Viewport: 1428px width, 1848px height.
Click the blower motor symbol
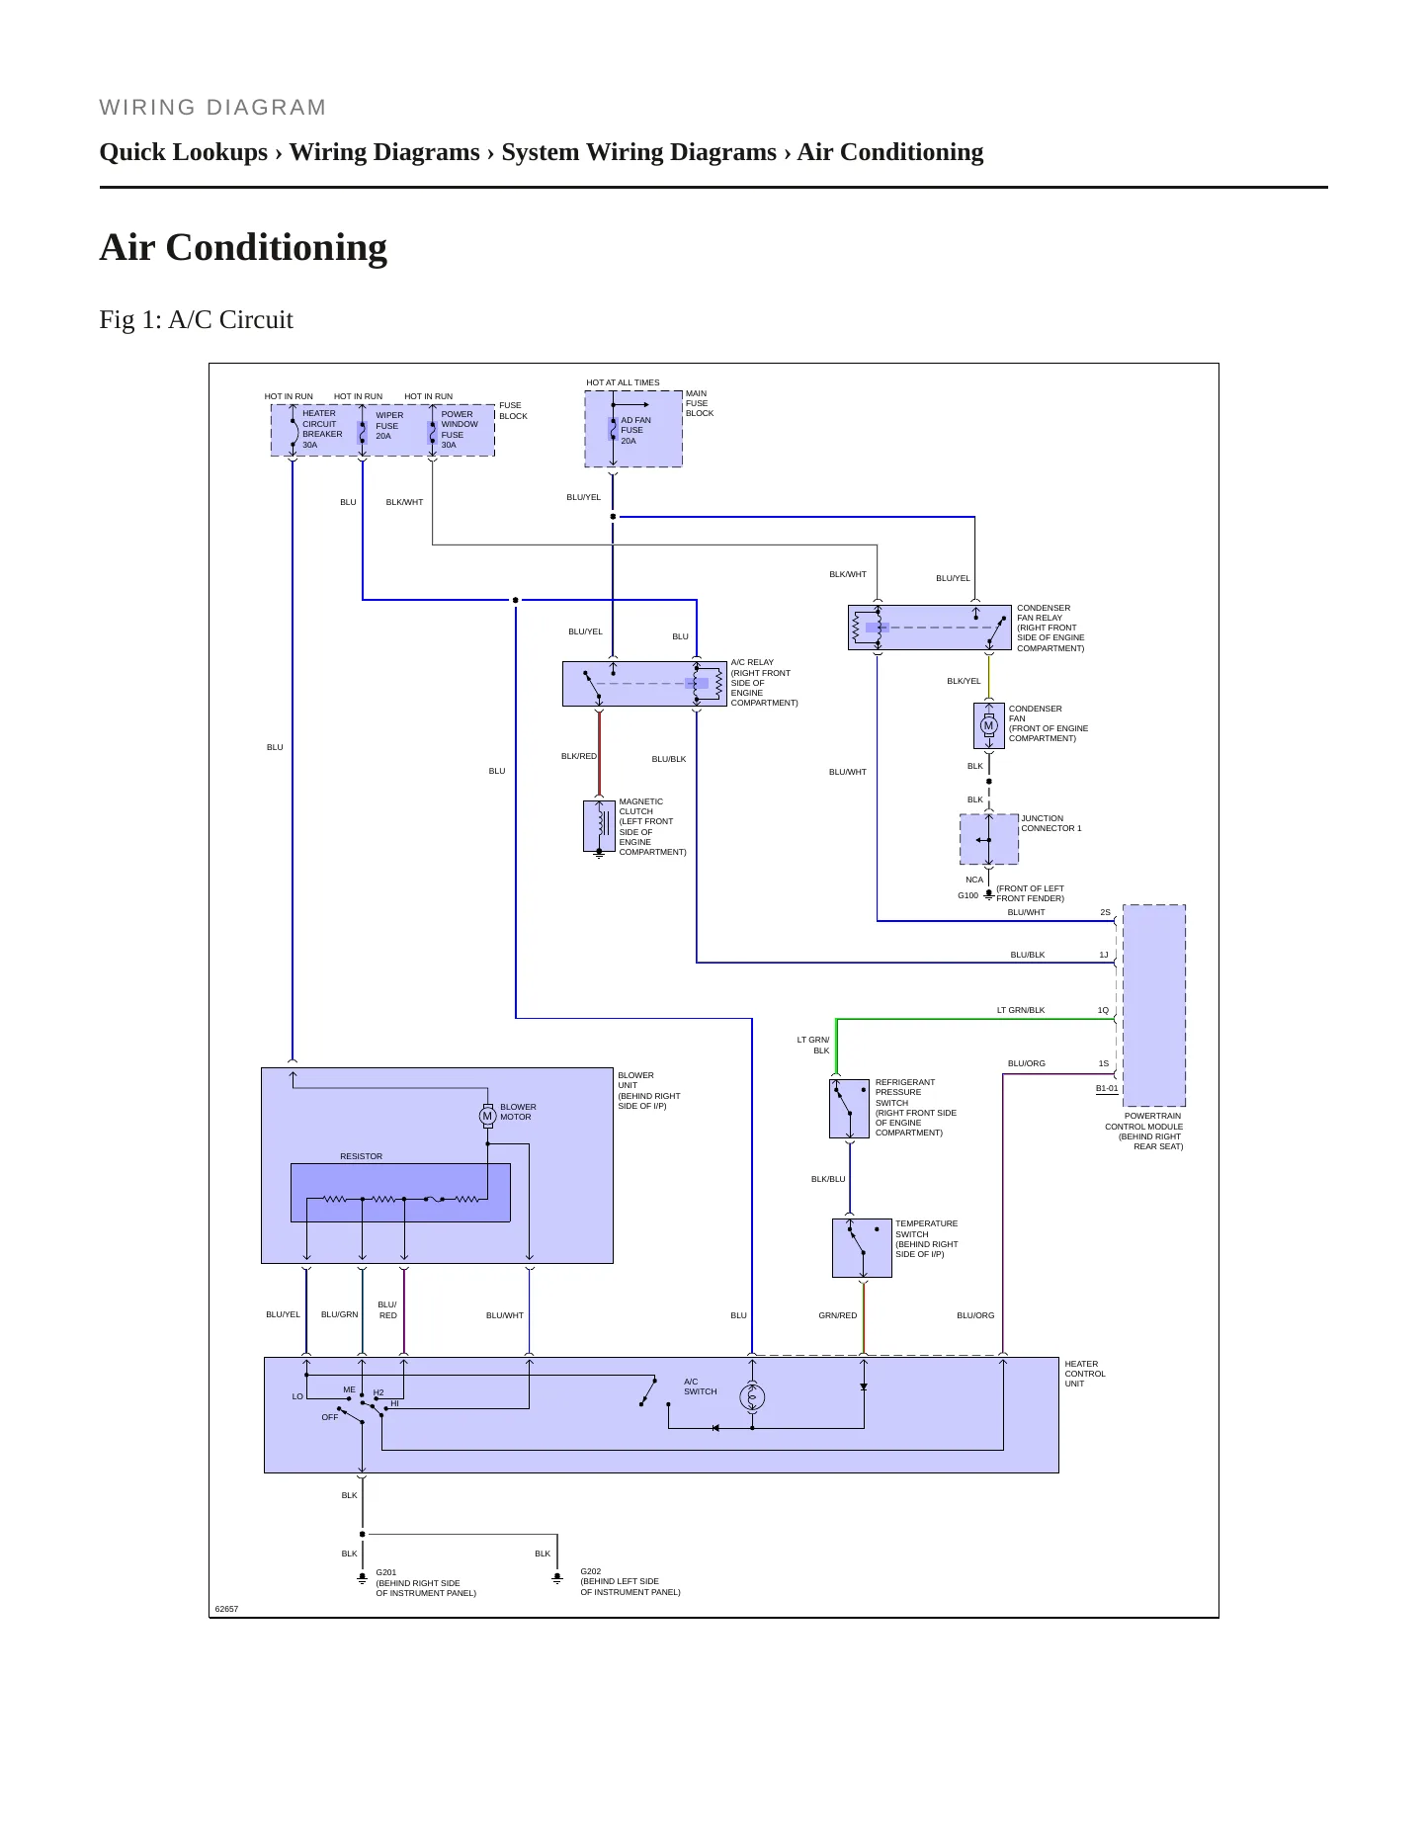point(487,1116)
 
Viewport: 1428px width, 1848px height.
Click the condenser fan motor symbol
point(988,725)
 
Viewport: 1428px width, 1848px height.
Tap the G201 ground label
point(386,1572)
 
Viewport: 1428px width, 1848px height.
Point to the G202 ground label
point(591,1571)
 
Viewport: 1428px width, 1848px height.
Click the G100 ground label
point(967,895)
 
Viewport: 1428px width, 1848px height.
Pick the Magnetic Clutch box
point(599,826)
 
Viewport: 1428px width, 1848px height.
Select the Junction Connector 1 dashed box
point(989,839)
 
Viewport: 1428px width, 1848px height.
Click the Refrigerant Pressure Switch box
point(849,1109)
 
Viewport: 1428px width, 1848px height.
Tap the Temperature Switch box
point(862,1248)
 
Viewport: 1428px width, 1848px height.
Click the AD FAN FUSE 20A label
point(635,431)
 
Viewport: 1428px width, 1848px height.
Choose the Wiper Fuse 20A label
point(388,426)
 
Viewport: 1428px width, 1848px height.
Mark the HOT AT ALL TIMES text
point(623,382)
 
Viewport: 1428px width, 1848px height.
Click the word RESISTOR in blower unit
point(361,1156)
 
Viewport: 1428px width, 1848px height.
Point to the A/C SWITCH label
point(700,1386)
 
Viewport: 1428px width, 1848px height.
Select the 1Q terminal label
point(1103,1010)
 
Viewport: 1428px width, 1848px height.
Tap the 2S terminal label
point(1105,912)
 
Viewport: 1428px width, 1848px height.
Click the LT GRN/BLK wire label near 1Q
point(1020,1010)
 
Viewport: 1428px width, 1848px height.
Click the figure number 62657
point(226,1609)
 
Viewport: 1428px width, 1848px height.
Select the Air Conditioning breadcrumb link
point(890,152)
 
